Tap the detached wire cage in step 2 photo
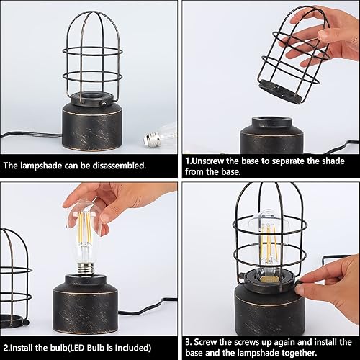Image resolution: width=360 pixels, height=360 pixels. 16,277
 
